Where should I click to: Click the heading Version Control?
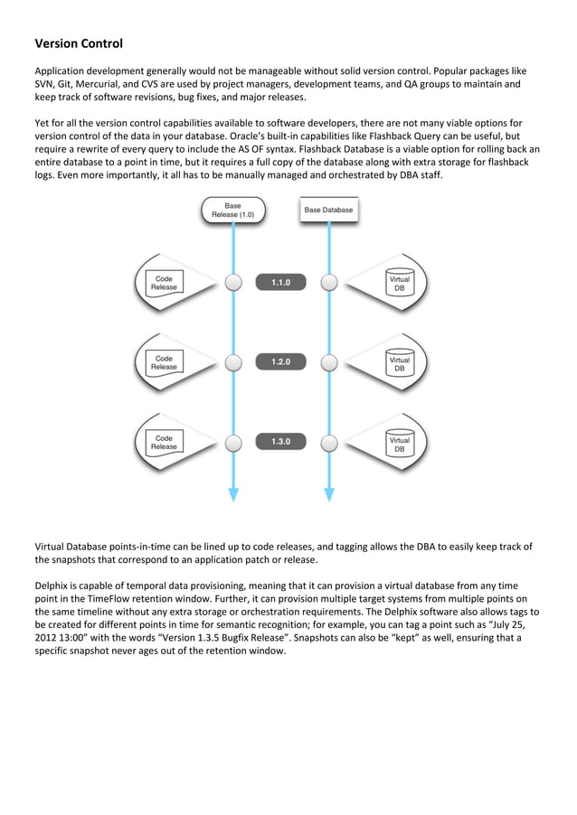click(79, 43)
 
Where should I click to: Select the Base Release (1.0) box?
click(232, 211)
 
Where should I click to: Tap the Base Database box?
click(328, 211)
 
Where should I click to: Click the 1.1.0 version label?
click(281, 283)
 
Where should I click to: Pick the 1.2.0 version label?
click(281, 362)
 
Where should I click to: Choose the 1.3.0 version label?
click(281, 442)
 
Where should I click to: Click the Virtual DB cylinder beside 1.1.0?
click(399, 283)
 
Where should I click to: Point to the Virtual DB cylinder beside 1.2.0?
click(399, 362)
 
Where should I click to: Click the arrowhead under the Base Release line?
click(233, 494)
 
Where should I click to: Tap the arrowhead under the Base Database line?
click(329, 494)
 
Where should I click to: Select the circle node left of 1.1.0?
click(233, 283)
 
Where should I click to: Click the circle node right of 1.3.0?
click(329, 442)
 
